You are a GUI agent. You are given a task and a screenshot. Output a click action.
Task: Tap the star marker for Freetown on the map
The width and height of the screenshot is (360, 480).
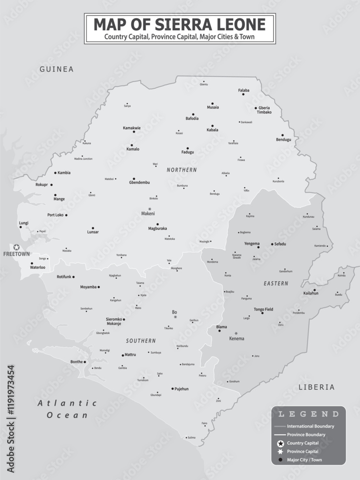pyautogui.click(x=16, y=247)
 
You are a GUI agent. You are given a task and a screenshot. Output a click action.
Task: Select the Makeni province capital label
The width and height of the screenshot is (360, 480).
pyautogui.click(x=148, y=214)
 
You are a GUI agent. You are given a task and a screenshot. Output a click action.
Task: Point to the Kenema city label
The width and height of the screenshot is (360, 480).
pyautogui.click(x=236, y=338)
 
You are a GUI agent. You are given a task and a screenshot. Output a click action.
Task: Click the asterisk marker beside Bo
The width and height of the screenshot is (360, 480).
pyautogui.click(x=175, y=317)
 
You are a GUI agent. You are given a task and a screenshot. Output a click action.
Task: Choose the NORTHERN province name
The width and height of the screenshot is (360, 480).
pyautogui.click(x=181, y=170)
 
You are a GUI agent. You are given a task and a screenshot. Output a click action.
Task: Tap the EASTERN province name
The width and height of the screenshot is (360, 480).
pyautogui.click(x=276, y=284)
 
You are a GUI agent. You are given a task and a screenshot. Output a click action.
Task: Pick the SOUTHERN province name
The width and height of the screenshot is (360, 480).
pyautogui.click(x=141, y=341)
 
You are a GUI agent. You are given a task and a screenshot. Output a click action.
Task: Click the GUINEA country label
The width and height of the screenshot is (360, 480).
pyautogui.click(x=57, y=69)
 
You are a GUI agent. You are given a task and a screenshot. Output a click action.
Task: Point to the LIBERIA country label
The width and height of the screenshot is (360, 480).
pyautogui.click(x=316, y=387)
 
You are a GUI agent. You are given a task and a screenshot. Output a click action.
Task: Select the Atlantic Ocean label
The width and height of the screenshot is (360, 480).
pyautogui.click(x=67, y=409)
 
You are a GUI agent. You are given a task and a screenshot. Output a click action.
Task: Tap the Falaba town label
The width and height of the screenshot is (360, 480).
pyautogui.click(x=244, y=90)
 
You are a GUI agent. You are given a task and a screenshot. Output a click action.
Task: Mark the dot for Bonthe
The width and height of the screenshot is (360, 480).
pyautogui.click(x=85, y=362)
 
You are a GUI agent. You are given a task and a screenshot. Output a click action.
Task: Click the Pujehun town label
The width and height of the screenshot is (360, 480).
pyautogui.click(x=181, y=389)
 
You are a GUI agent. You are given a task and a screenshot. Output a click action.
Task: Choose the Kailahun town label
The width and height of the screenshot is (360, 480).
pyautogui.click(x=311, y=293)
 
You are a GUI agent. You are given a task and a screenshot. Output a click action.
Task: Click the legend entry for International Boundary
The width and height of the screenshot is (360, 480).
pyautogui.click(x=310, y=426)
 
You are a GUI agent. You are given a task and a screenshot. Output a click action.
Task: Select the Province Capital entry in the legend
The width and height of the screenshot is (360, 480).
pyautogui.click(x=302, y=451)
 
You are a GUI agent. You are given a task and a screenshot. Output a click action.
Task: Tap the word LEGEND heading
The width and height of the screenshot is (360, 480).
pyautogui.click(x=309, y=414)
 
